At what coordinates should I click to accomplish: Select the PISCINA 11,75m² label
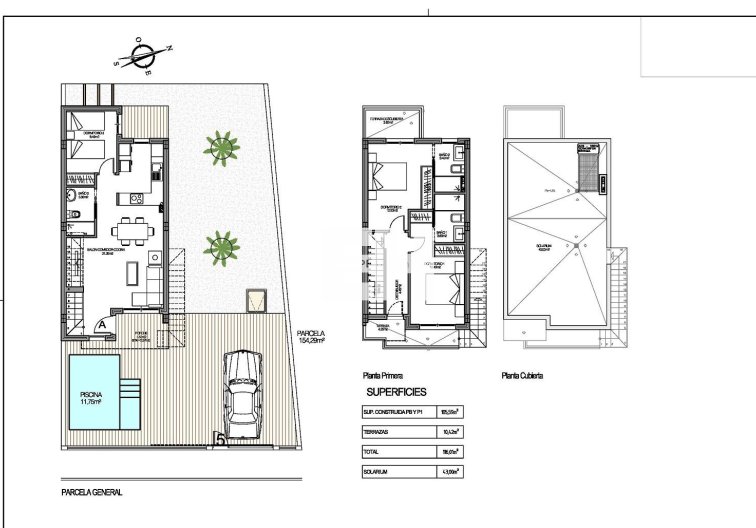[x=91, y=397]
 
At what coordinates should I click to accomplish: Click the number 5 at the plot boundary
[x=218, y=437]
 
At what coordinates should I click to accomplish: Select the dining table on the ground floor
[x=127, y=230]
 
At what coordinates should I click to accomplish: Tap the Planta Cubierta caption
[x=522, y=377]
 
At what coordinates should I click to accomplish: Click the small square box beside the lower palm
[x=258, y=299]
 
